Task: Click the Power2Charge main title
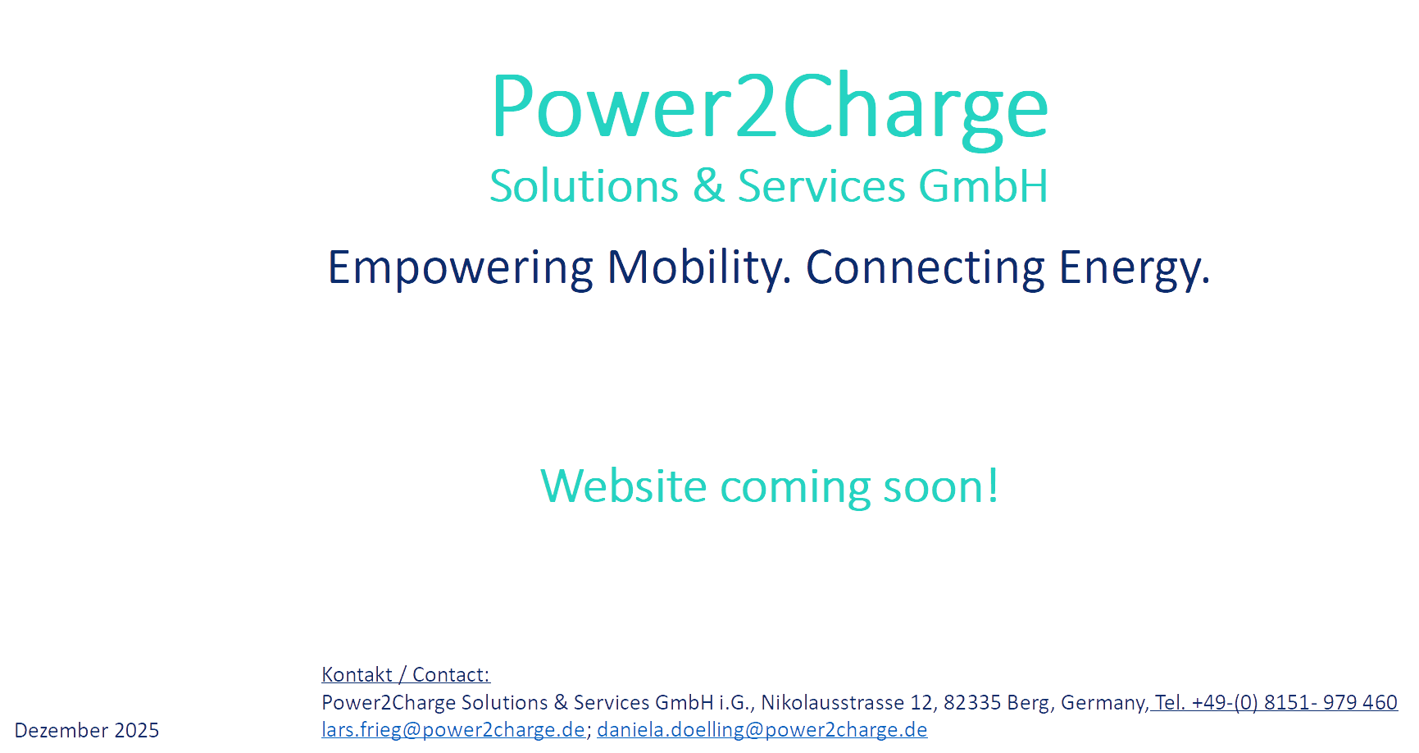(x=769, y=108)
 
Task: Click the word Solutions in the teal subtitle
(x=584, y=186)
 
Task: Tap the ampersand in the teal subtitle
(x=708, y=186)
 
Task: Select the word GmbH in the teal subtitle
(x=983, y=186)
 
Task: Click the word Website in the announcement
(x=624, y=486)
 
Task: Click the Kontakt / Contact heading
(x=406, y=674)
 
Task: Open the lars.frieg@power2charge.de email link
(x=453, y=729)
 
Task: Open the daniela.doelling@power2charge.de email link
(x=762, y=729)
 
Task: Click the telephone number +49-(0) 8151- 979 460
(x=1294, y=702)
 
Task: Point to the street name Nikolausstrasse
(x=833, y=702)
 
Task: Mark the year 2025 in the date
(x=137, y=730)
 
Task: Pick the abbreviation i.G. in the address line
(x=735, y=702)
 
